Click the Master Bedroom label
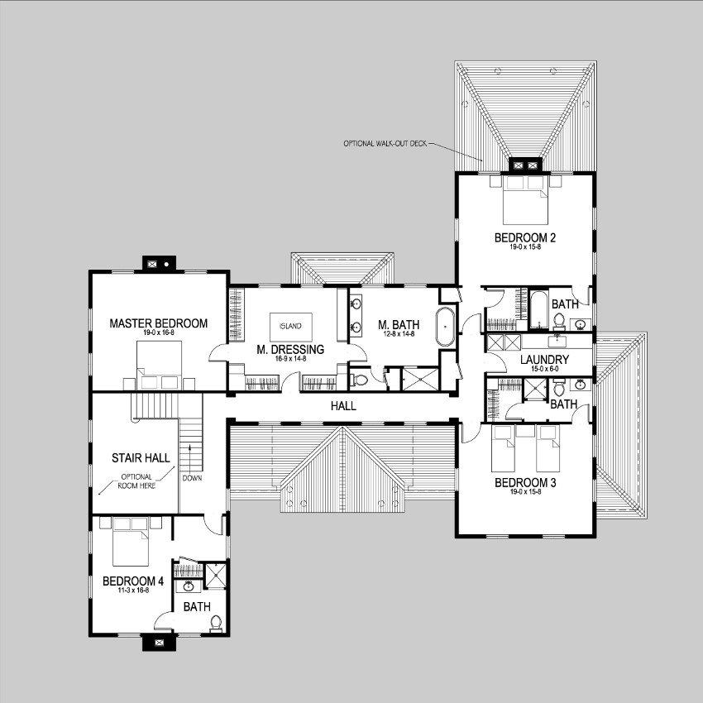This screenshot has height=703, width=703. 158,323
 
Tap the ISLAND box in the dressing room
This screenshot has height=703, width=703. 290,325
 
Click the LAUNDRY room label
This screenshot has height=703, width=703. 543,360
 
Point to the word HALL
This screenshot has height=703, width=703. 342,406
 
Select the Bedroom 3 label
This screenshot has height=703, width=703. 524,482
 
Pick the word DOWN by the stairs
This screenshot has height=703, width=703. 192,478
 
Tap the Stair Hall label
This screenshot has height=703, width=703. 135,457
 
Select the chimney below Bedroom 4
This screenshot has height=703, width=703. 157,639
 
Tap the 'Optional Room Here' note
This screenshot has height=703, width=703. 137,481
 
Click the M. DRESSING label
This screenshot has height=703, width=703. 289,350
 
